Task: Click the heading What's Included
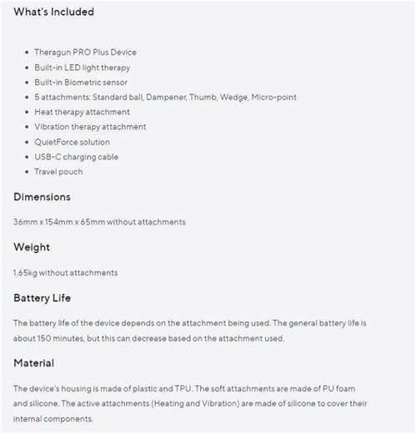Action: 53,13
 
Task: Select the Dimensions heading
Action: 42,197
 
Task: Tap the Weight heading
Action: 32,247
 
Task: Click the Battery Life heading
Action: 42,297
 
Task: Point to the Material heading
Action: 34,363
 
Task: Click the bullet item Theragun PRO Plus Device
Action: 85,52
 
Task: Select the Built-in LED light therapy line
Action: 82,67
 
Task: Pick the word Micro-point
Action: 273,97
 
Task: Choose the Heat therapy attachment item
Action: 82,112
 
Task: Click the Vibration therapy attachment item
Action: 90,127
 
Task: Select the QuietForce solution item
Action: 72,142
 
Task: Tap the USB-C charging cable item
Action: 76,157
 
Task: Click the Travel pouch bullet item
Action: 58,172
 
